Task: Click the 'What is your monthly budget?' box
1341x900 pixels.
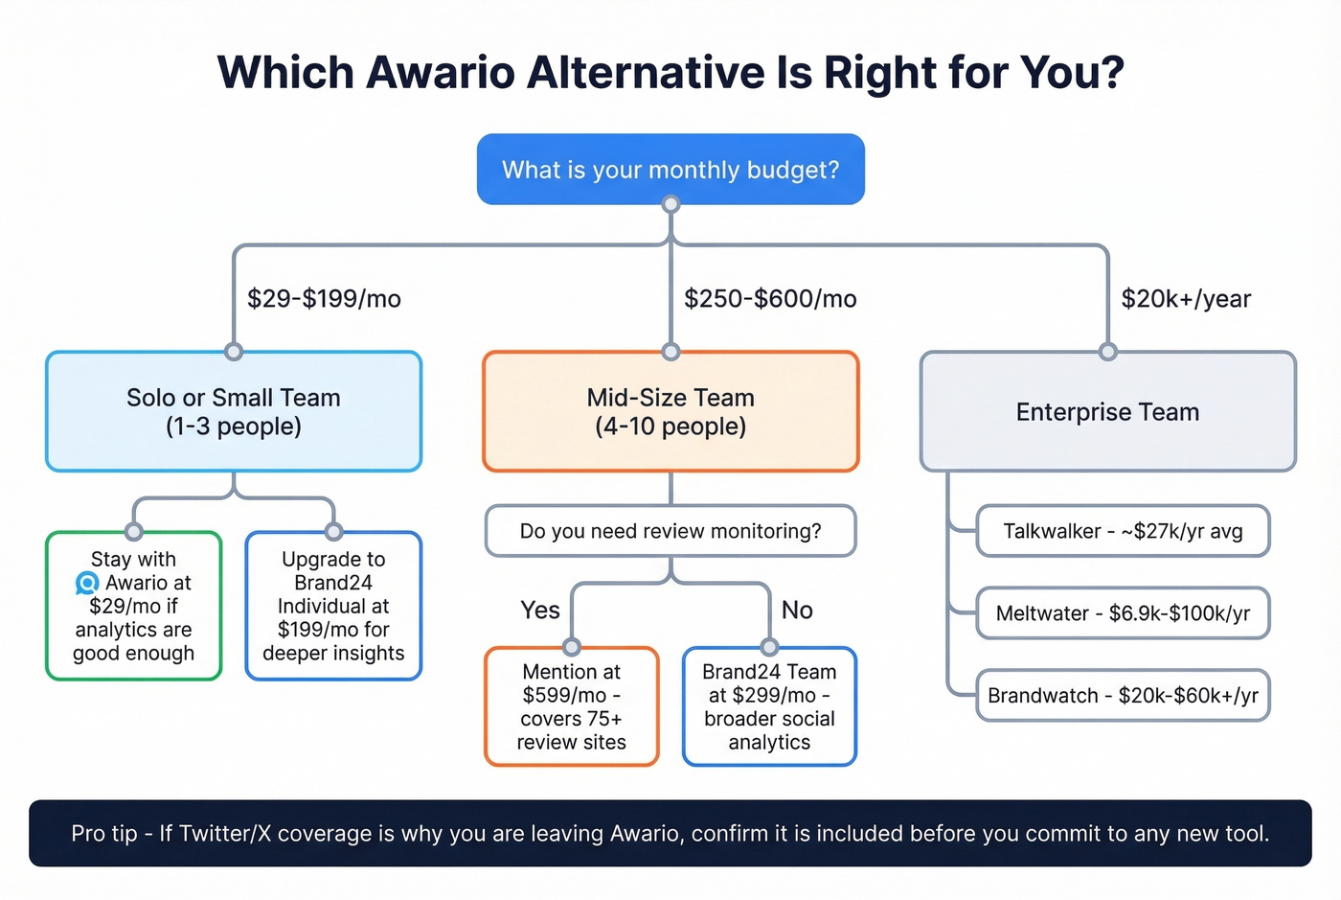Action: pos(670,170)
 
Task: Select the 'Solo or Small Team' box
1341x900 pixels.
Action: pos(234,411)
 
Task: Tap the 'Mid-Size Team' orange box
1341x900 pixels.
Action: pos(670,411)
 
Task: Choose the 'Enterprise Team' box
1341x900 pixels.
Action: pos(1107,411)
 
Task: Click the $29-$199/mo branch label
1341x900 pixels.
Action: pos(324,299)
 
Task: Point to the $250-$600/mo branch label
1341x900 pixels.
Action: pos(770,299)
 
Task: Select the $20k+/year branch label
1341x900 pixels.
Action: pos(1186,299)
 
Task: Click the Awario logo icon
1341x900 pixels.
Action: pos(87,583)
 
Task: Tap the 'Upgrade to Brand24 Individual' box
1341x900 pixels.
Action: pos(333,606)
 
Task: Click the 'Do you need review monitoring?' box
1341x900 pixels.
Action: pos(670,531)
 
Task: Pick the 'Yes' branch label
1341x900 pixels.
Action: pos(540,611)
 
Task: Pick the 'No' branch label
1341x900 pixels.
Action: pos(797,611)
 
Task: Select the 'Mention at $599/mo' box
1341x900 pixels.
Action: pos(572,706)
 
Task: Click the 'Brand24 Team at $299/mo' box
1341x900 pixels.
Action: pos(769,706)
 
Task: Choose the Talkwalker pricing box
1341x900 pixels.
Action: pos(1123,531)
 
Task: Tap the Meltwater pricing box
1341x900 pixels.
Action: pos(1123,613)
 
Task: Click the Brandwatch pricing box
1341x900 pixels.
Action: pos(1123,696)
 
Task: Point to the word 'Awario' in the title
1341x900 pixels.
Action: pos(441,73)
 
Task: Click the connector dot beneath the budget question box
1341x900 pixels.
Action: pos(670,204)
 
